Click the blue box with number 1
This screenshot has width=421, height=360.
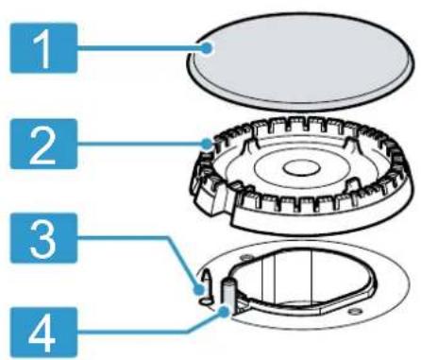43,48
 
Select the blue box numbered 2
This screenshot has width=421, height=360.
43,144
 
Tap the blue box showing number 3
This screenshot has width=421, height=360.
43,238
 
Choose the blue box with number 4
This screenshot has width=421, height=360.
43,334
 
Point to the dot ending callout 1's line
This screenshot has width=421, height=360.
207,48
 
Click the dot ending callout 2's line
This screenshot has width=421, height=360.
207,144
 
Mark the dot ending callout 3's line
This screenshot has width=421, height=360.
199,289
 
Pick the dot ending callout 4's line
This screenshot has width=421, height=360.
224,313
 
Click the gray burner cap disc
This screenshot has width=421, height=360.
299,61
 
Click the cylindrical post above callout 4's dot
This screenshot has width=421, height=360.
228,294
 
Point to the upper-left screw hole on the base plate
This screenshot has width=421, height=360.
245,258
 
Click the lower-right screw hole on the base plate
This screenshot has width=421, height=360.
353,312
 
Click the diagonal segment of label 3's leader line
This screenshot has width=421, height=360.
183,263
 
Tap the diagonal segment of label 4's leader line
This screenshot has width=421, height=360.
206,322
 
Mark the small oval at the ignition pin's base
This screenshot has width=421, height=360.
205,301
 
